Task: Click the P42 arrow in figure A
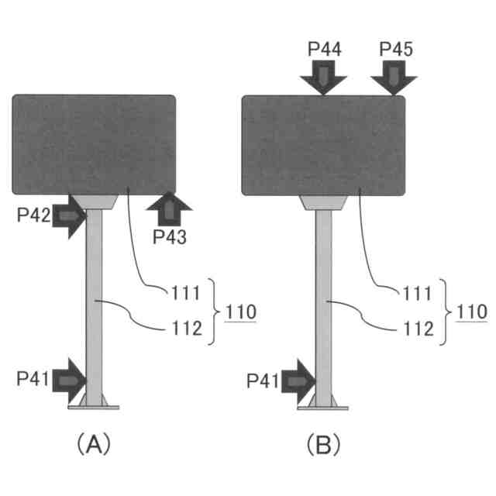click(x=69, y=216)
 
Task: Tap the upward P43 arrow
click(x=167, y=209)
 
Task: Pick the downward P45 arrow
click(x=393, y=77)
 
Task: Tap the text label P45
click(x=396, y=50)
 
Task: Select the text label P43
click(x=168, y=236)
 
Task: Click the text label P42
click(x=33, y=216)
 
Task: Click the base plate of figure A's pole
click(x=94, y=405)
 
